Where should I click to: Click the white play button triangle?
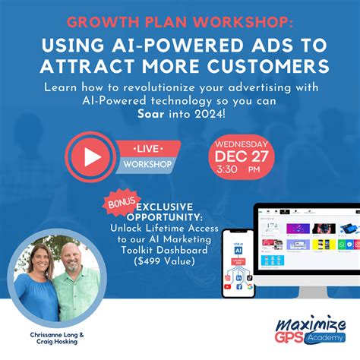(91, 156)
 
